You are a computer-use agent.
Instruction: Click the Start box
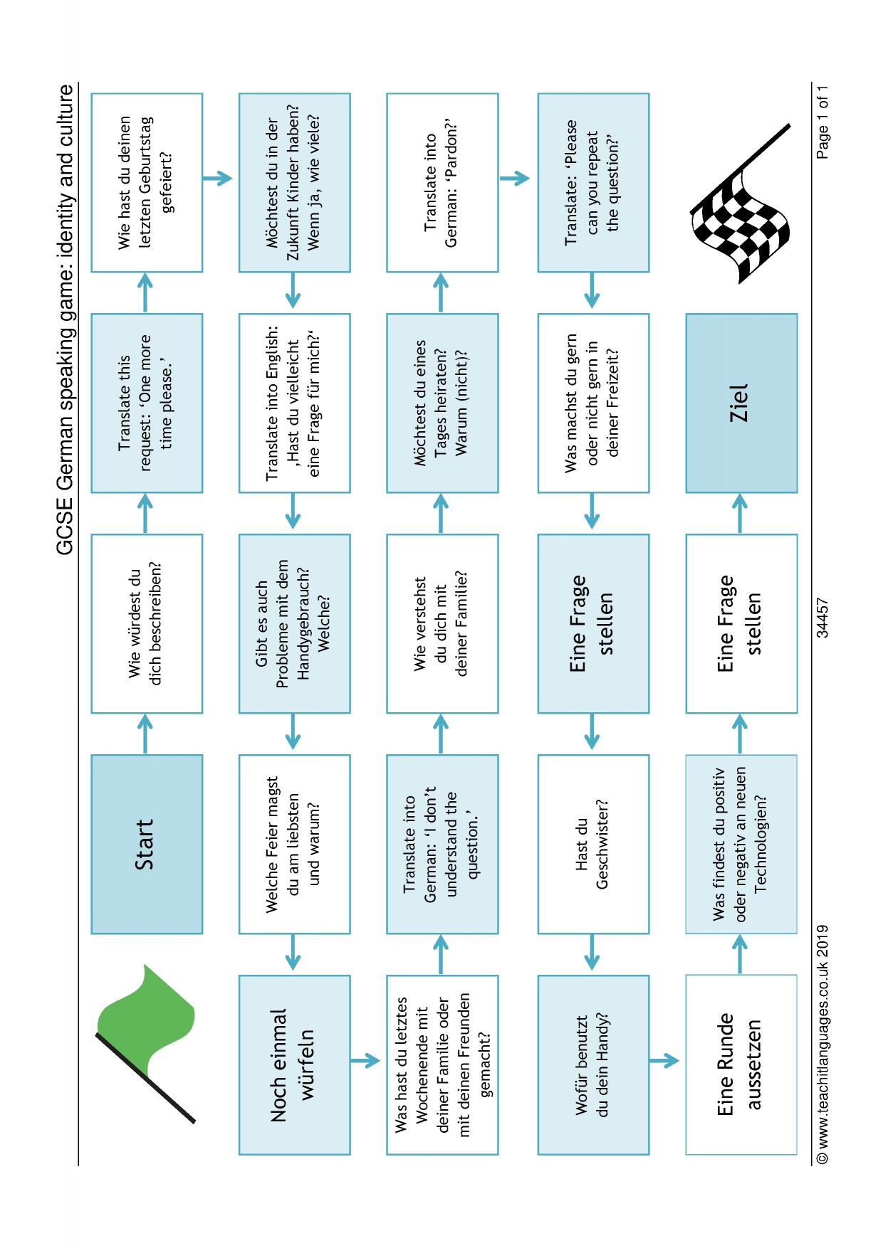(x=147, y=844)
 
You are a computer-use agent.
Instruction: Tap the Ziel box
(x=741, y=403)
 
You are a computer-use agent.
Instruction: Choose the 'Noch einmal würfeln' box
(x=294, y=1064)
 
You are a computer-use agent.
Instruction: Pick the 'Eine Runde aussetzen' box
(x=741, y=1064)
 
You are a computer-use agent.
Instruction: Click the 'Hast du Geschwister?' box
(x=593, y=844)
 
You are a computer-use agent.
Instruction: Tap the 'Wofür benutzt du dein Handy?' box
(x=593, y=1064)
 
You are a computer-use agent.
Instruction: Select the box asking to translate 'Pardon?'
(x=442, y=182)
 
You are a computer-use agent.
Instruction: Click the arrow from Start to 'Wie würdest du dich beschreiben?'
(x=145, y=734)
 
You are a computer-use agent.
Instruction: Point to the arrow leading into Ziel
(x=740, y=513)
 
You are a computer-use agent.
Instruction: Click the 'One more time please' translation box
(x=147, y=403)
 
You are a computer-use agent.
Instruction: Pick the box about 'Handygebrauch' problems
(x=294, y=623)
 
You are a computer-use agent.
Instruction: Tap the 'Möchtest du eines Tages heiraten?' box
(x=442, y=403)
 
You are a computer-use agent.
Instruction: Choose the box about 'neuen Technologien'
(x=741, y=844)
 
